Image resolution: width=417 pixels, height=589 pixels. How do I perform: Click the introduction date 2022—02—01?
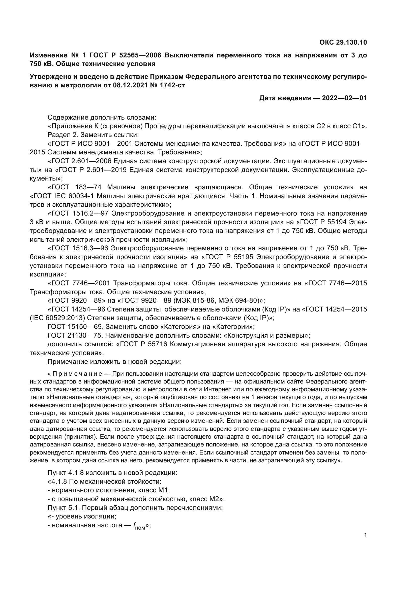click(344, 98)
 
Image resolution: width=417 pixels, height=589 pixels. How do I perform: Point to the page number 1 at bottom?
click(365, 535)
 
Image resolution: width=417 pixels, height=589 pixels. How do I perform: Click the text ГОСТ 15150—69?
click(75, 327)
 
